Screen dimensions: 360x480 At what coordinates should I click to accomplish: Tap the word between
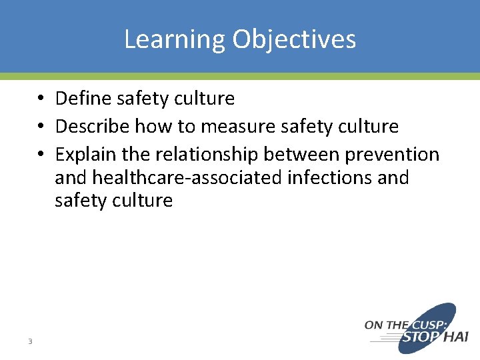[302, 154]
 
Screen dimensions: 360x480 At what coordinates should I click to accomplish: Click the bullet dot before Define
[42, 99]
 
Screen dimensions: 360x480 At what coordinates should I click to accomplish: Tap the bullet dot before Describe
[42, 127]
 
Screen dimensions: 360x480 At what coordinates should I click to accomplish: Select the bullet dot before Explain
[42, 155]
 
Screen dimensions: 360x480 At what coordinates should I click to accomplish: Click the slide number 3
[30, 341]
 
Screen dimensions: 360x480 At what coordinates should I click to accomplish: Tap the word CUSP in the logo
[427, 325]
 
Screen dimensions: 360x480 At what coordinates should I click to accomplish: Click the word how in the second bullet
[151, 126]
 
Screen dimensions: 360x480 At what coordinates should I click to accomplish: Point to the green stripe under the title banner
[240, 76]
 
